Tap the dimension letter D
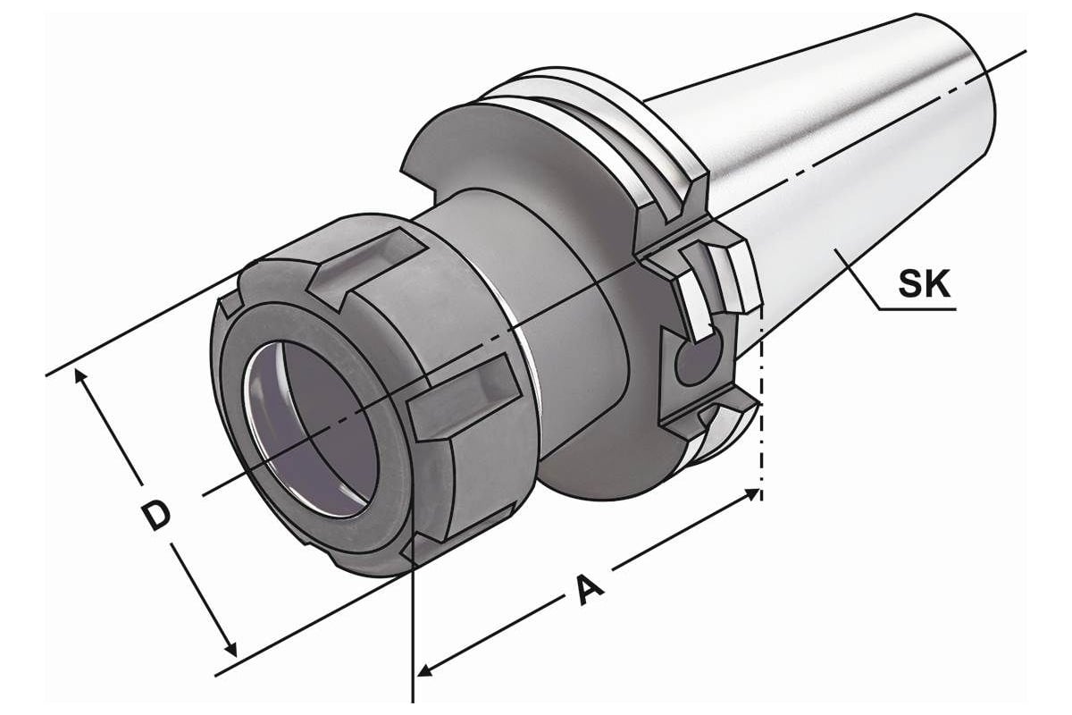[157, 517]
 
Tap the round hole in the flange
[698, 361]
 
